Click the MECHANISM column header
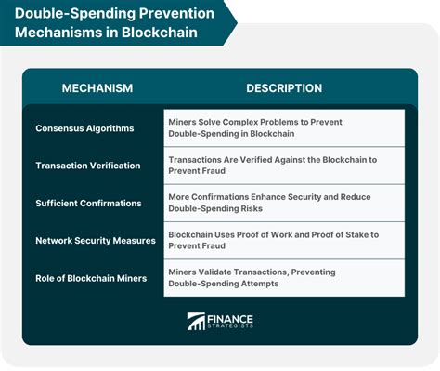coord(97,88)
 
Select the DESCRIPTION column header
coord(284,88)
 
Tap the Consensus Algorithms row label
coord(84,127)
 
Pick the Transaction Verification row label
coord(88,165)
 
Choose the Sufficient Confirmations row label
coord(88,202)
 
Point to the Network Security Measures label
coord(95,239)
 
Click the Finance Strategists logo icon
coord(197,322)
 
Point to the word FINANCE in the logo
coord(229,317)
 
